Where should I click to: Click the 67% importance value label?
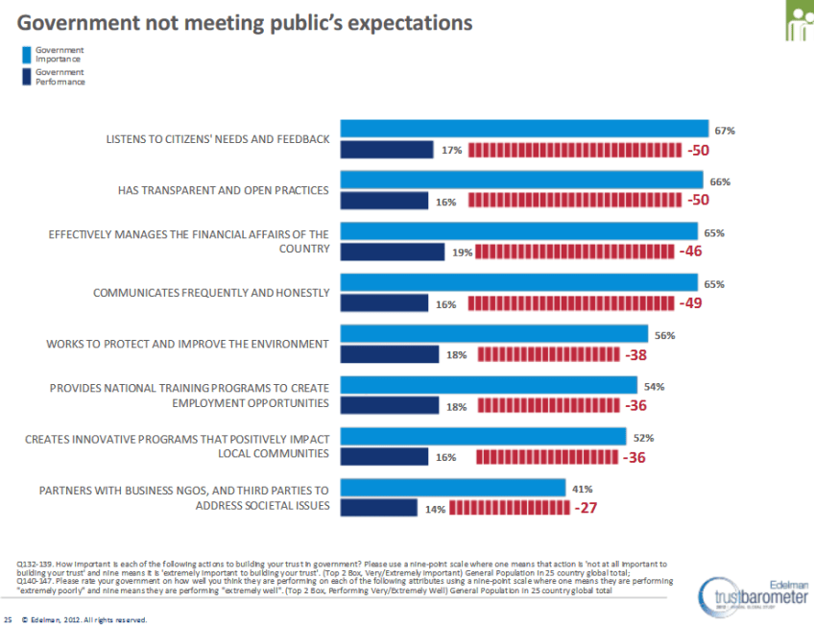pos(724,130)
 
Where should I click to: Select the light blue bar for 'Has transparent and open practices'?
pos(522,181)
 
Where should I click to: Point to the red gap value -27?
pos(586,509)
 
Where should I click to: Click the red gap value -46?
pos(691,252)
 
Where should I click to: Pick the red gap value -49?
pos(692,303)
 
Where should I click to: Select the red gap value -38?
pos(635,355)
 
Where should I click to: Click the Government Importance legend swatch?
pos(25,54)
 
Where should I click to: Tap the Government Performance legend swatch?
pos(25,77)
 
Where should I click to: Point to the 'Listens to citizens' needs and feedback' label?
pos(217,139)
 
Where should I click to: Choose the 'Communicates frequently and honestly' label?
pos(211,293)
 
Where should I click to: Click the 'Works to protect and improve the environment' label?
pos(189,344)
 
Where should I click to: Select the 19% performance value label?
pos(463,253)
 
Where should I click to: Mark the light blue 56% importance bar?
pos(494,334)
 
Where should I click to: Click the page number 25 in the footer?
pos(10,619)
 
